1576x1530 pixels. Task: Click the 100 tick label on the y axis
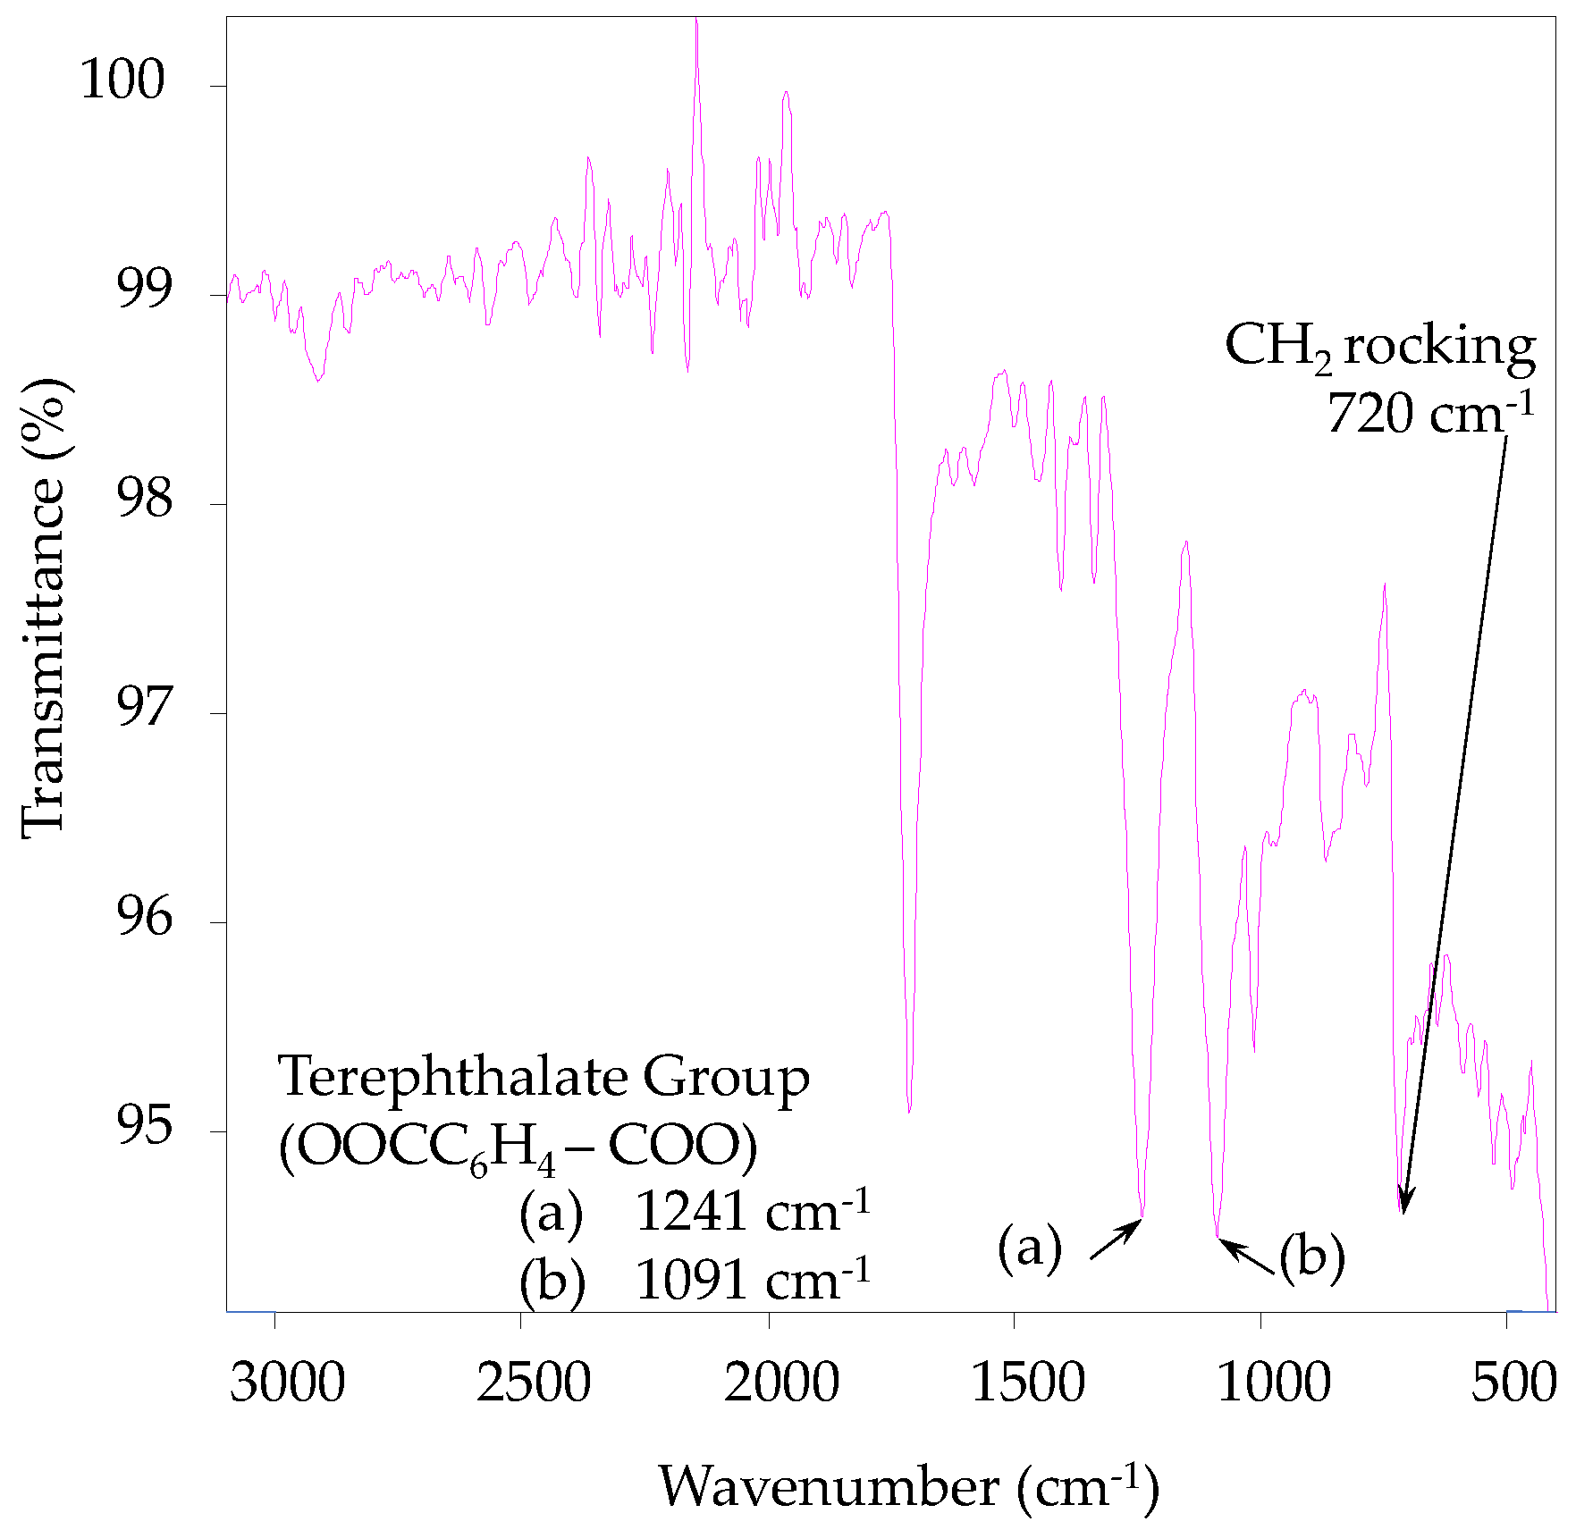click(x=122, y=80)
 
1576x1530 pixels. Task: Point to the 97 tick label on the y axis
click(x=143, y=706)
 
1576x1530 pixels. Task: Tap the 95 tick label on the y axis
click(x=143, y=1124)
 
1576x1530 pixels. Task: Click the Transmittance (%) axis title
click(x=43, y=608)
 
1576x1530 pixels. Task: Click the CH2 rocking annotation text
click(x=1379, y=347)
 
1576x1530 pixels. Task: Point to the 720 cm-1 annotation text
click(x=1429, y=414)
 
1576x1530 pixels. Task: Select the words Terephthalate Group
click(x=544, y=1076)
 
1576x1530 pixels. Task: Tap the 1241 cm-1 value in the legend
click(x=752, y=1212)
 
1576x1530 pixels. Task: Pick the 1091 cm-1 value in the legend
click(x=752, y=1281)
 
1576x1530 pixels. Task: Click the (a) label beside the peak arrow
click(x=1030, y=1248)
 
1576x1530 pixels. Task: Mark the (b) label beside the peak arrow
click(x=1311, y=1257)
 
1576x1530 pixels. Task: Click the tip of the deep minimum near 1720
click(x=909, y=1111)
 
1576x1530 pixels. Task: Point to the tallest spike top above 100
click(x=696, y=20)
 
